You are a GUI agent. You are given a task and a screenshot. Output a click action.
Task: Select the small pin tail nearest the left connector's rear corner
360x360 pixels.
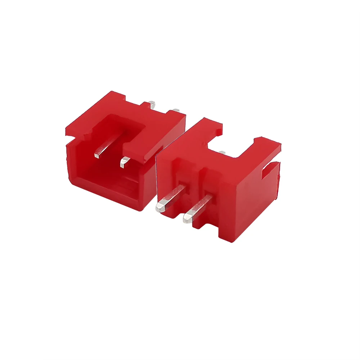(176, 110)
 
